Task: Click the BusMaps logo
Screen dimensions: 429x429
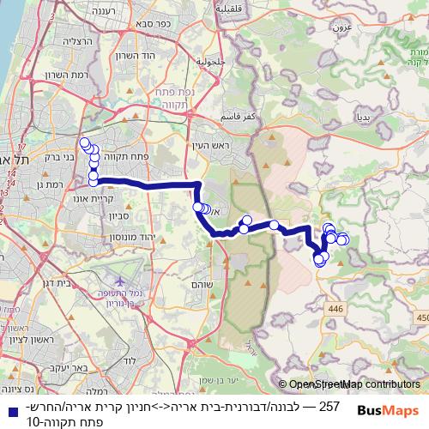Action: (x=389, y=409)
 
